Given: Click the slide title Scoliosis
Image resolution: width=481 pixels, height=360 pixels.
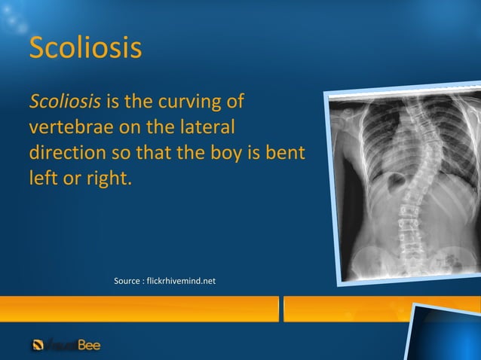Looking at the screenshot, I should point(85,48).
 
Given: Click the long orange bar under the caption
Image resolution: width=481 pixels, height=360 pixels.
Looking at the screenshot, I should point(139,309).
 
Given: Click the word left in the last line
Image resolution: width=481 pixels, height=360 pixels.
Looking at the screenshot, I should point(42,178).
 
